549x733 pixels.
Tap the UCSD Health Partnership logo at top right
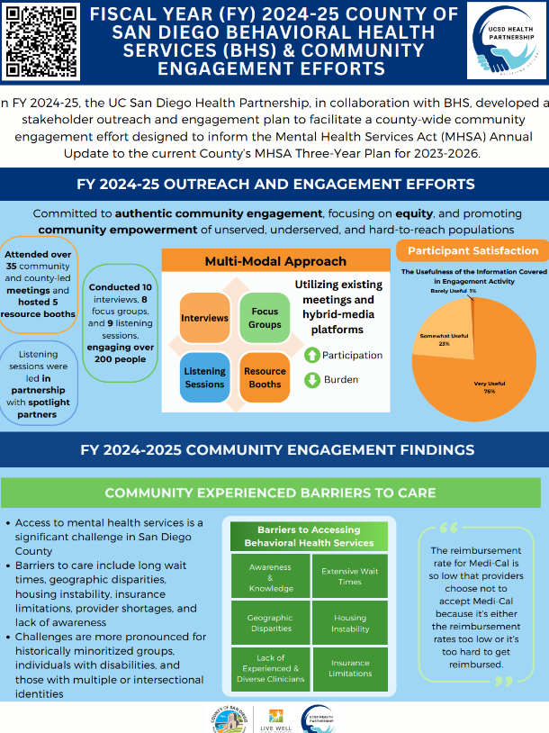pyautogui.click(x=505, y=41)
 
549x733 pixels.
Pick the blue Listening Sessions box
pyautogui.click(x=205, y=377)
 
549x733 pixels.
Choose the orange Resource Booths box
pyautogui.click(x=265, y=377)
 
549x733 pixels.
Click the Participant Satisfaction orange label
pyautogui.click(x=472, y=251)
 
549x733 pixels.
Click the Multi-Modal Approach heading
pyautogui.click(x=263, y=261)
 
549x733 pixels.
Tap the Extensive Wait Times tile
pyautogui.click(x=350, y=576)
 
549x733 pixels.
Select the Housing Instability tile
pyautogui.click(x=350, y=623)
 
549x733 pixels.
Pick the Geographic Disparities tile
pyautogui.click(x=271, y=623)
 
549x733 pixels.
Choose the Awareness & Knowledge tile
pyautogui.click(x=271, y=576)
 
